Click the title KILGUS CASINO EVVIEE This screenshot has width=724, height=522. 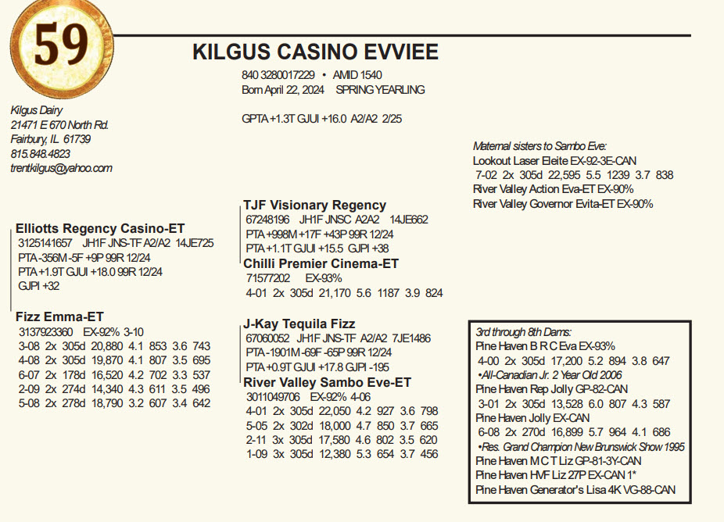coord(315,52)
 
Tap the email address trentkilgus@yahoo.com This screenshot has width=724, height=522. coord(62,168)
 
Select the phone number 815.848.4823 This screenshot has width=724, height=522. coord(41,154)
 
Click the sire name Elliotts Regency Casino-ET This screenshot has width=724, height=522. coord(100,229)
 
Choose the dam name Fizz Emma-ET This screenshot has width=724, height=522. coord(59,316)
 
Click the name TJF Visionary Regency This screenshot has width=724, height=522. coord(314,205)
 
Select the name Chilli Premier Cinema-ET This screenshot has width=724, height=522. coord(321,263)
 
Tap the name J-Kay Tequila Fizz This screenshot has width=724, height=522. coord(299,324)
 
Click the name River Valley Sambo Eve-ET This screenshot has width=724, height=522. coord(327,382)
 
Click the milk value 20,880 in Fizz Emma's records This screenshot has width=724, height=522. coord(108,345)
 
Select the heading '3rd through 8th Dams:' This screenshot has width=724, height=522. coord(523,331)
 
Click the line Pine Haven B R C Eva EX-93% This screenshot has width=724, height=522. coord(545,345)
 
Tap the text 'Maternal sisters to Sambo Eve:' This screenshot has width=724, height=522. coord(539,146)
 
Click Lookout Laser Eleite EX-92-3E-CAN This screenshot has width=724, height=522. coord(554,161)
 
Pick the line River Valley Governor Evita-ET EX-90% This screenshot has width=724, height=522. coord(563,204)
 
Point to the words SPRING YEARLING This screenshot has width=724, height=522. coord(380,90)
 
